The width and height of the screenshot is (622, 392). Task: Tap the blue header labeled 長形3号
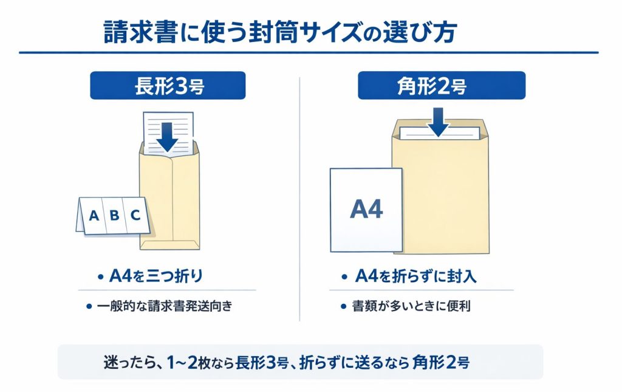pos(168,86)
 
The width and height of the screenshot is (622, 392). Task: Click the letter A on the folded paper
pos(94,215)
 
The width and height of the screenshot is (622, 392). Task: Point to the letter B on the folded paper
pos(114,215)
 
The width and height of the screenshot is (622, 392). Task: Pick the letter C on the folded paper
pos(135,215)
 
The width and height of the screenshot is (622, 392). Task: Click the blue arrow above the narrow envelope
pos(167,136)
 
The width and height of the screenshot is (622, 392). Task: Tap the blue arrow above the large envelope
pos(437,121)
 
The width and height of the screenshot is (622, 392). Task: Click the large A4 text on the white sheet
pos(366,210)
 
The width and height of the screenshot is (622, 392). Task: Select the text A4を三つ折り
pos(155,277)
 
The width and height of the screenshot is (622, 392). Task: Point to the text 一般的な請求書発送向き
pos(165,306)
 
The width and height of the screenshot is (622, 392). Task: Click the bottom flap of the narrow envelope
pos(169,244)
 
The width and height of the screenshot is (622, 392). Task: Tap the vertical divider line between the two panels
pos(300,201)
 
